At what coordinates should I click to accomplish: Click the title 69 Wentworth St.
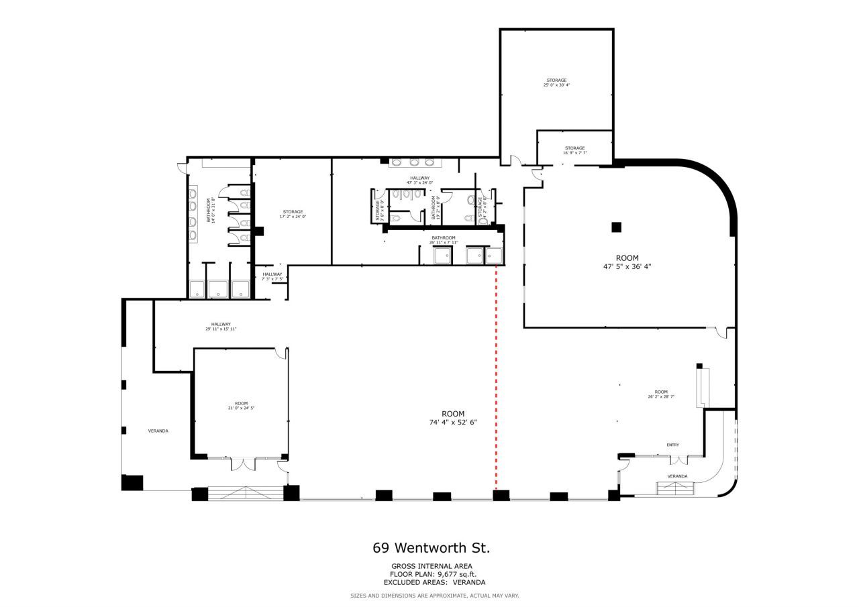point(431,548)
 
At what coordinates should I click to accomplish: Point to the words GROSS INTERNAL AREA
point(431,566)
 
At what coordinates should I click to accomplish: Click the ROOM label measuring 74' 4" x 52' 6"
point(452,418)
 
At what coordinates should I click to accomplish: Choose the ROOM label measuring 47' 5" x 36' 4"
point(627,262)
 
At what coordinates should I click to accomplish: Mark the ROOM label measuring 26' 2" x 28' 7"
point(661,394)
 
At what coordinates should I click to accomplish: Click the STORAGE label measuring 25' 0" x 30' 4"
point(556,82)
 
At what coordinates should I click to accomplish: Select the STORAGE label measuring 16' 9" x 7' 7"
point(574,150)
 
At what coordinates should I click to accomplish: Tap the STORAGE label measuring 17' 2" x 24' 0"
point(293,214)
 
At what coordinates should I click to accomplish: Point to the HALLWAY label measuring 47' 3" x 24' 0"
point(419,180)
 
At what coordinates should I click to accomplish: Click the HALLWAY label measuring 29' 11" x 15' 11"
point(221,327)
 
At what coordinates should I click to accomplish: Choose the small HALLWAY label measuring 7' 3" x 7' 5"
point(272,276)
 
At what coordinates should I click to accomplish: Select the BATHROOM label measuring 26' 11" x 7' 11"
point(444,239)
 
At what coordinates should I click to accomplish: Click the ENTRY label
point(672,445)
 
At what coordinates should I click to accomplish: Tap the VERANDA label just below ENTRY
point(677,476)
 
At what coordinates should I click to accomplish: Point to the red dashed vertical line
point(496,376)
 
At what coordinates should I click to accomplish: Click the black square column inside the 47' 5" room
point(616,227)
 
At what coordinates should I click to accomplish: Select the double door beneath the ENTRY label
point(679,459)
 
